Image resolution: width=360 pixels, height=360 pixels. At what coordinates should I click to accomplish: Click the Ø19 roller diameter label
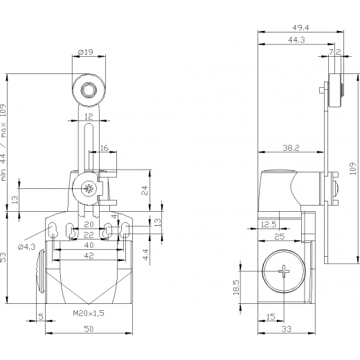tap(86, 52)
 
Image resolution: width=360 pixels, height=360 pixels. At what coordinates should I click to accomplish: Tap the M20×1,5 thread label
tap(89, 313)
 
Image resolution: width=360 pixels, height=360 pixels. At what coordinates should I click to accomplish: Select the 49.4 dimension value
tap(300, 28)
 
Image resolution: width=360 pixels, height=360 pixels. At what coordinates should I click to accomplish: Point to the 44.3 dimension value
tap(296, 40)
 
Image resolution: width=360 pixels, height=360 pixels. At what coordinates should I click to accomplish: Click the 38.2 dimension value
tap(291, 148)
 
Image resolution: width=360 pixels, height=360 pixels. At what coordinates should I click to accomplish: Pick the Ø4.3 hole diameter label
tap(26, 247)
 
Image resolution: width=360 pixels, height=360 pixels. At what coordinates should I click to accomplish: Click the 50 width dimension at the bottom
tap(89, 329)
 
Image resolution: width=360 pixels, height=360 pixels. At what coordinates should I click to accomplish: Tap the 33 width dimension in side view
tap(287, 329)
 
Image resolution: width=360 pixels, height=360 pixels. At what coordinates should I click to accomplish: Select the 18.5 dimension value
tap(237, 287)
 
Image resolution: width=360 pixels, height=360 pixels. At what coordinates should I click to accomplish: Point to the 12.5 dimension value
tap(269, 224)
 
